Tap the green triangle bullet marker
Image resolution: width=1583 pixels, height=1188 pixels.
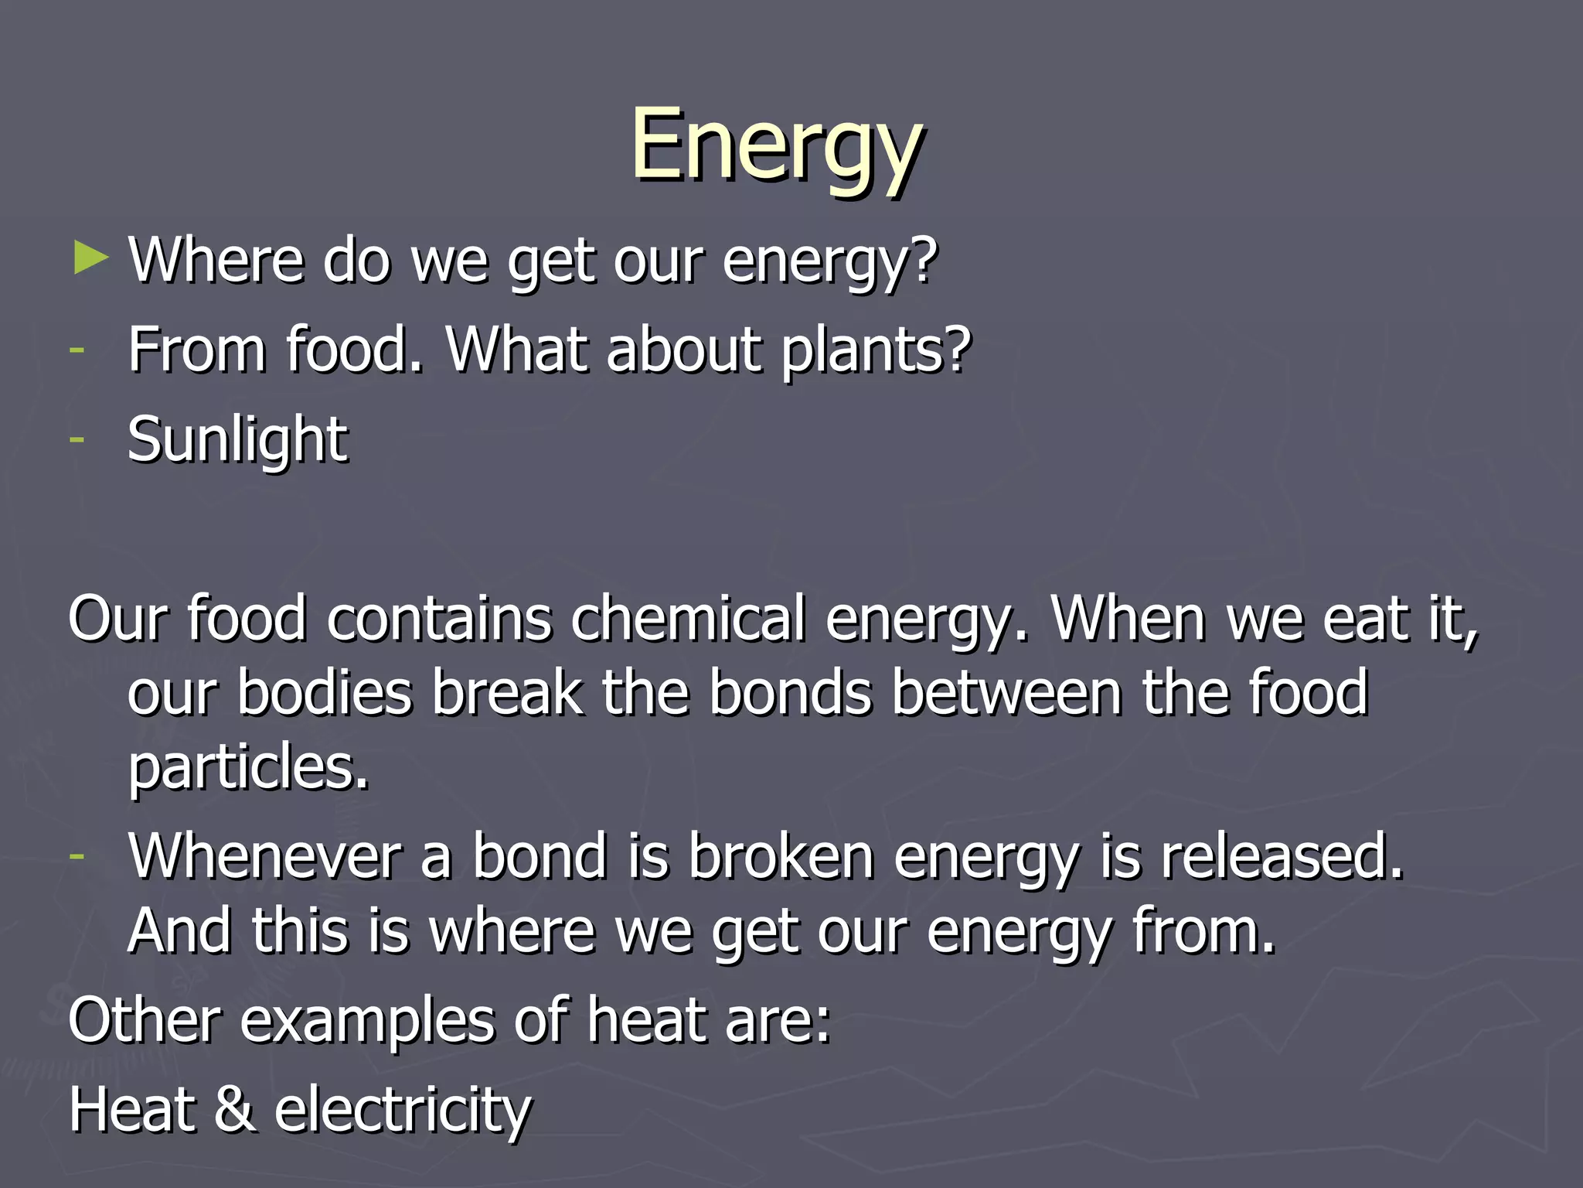[91, 258]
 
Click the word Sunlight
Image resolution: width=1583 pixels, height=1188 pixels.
[237, 439]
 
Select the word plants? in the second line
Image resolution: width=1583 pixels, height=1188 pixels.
[875, 350]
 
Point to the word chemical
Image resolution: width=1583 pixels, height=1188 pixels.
[688, 619]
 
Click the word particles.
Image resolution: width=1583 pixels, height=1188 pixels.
[248, 767]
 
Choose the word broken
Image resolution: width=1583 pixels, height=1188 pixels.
[780, 857]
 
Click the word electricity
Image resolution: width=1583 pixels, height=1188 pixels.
[403, 1109]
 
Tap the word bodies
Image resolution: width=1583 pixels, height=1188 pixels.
[324, 693]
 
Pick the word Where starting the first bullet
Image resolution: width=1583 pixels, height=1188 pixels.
[216, 260]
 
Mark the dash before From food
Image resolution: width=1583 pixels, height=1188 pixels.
[76, 350]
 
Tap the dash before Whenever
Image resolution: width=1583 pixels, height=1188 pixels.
[76, 856]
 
